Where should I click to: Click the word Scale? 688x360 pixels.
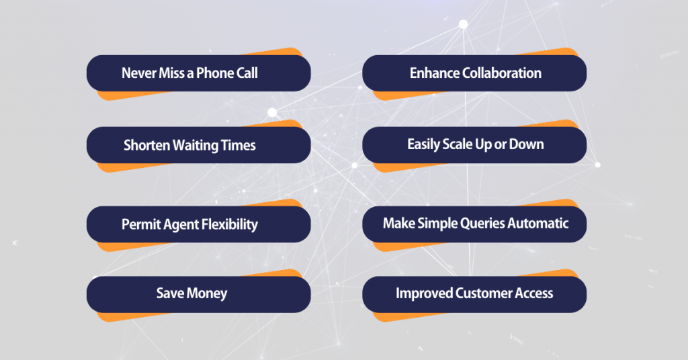tap(462, 144)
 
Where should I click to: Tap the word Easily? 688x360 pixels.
tap(424, 144)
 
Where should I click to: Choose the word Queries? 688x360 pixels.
tap(482, 224)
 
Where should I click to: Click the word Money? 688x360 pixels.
tap(206, 294)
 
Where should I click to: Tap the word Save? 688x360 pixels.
tap(169, 294)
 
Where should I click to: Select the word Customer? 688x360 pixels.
tap(482, 294)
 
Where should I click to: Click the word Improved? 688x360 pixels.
tap(424, 294)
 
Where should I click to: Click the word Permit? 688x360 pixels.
tap(140, 224)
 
